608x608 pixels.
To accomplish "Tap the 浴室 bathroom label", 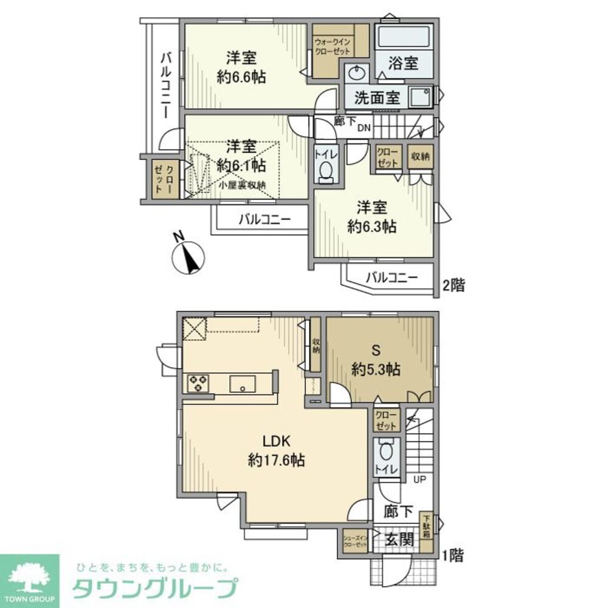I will click(402, 63).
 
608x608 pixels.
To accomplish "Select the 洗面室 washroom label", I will click(377, 98).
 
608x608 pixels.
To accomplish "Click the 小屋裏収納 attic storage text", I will click(240, 185).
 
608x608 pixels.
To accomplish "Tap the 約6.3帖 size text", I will click(372, 227).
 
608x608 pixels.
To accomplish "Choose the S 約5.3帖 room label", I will click(375, 361).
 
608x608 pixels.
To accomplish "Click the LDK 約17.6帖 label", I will click(275, 451).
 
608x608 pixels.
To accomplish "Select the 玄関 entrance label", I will click(399, 539).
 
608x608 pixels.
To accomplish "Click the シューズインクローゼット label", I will click(355, 541).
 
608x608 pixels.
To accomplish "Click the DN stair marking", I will click(363, 127).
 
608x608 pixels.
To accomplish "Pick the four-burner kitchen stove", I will click(198, 382).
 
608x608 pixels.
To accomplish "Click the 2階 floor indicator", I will click(453, 285).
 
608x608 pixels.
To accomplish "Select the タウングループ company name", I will click(154, 588).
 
